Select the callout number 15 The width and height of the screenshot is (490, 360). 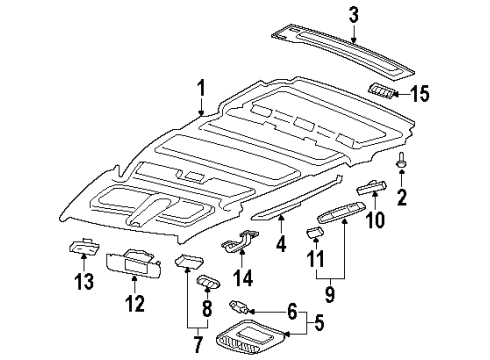pyautogui.click(x=421, y=94)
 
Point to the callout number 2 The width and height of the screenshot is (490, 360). pyautogui.click(x=402, y=197)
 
